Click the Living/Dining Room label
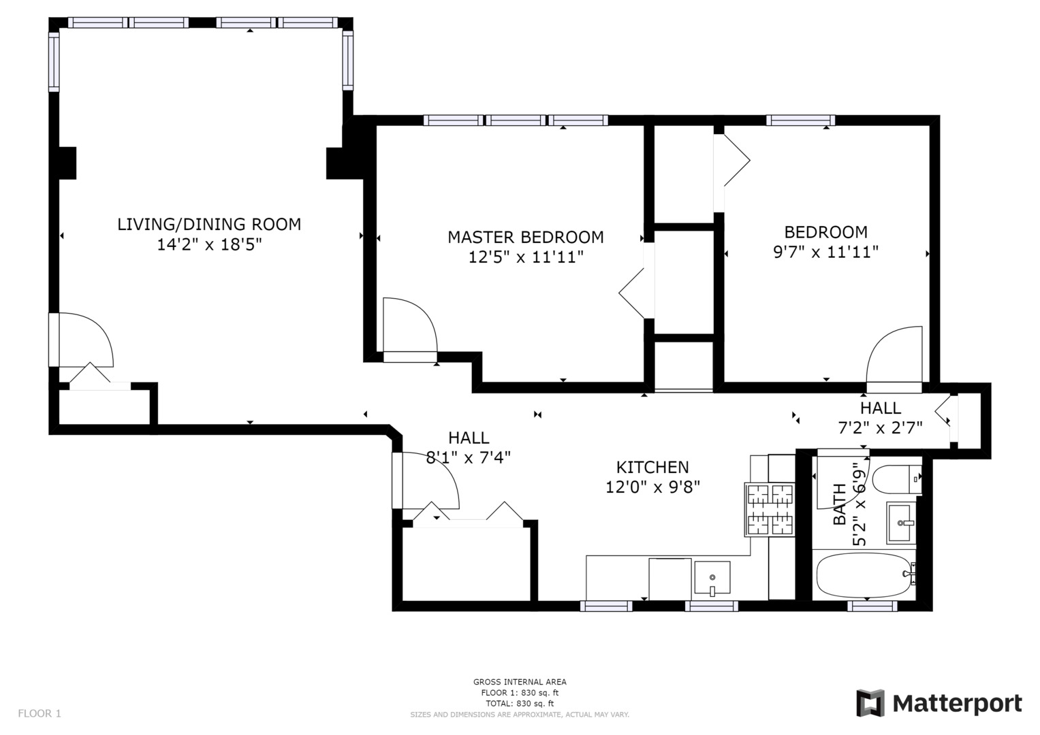pyautogui.click(x=209, y=225)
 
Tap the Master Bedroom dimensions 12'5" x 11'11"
pyautogui.click(x=526, y=257)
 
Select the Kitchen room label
pyautogui.click(x=652, y=467)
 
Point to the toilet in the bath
pyautogui.click(x=896, y=479)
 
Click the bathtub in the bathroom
pyautogui.click(x=864, y=576)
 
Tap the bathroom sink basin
pyautogui.click(x=901, y=523)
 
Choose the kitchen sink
pyautogui.click(x=712, y=577)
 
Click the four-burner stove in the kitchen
pyautogui.click(x=770, y=510)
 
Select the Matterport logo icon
pyautogui.click(x=870, y=703)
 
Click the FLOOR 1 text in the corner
pyautogui.click(x=40, y=713)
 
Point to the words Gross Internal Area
pyautogui.click(x=520, y=682)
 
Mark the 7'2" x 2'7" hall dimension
pyautogui.click(x=880, y=427)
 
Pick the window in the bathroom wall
pyautogui.click(x=872, y=606)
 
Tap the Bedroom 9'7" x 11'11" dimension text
pyautogui.click(x=825, y=252)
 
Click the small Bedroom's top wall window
pyautogui.click(x=800, y=120)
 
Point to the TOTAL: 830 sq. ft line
pyautogui.click(x=520, y=704)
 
